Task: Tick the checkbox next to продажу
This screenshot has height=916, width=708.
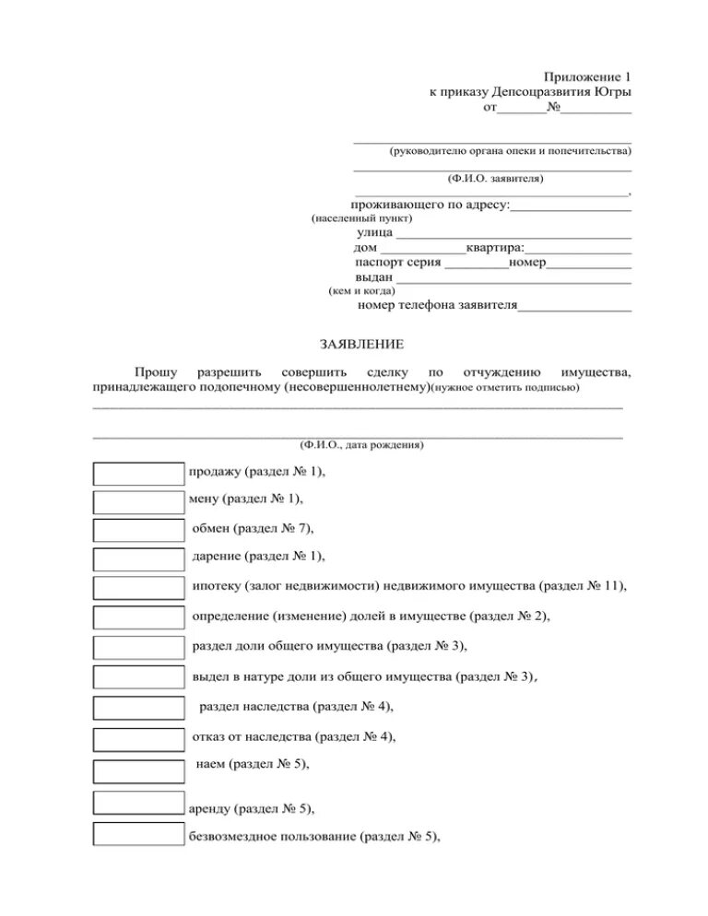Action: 139,473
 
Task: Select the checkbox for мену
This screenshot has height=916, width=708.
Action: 139,501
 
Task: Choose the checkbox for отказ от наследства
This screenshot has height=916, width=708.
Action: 139,738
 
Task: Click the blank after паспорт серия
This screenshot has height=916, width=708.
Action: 476,264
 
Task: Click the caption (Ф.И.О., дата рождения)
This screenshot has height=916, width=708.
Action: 361,444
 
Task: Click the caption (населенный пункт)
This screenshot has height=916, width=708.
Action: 361,219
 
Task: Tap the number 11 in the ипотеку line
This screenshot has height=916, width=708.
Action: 613,585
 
